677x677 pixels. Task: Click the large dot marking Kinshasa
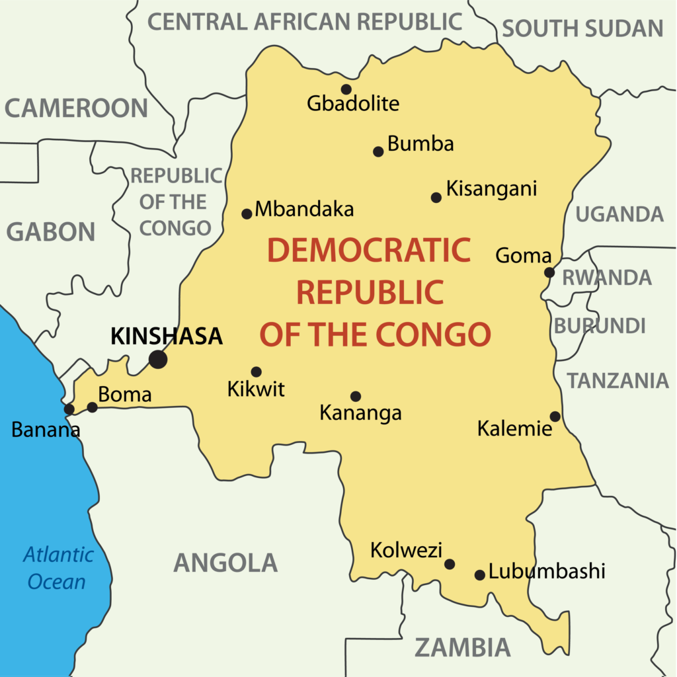tap(157, 360)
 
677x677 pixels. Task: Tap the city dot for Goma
tap(549, 272)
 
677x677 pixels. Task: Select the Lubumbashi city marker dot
tap(480, 575)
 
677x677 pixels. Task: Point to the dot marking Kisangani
tap(436, 198)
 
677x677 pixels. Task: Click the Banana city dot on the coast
tap(69, 409)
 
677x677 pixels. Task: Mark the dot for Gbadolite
tap(346, 89)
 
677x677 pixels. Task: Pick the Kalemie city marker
tap(555, 417)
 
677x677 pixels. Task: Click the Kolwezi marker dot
tap(450, 564)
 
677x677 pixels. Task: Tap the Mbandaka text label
tap(304, 210)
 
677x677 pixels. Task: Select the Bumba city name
tap(420, 144)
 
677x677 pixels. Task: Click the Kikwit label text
tap(256, 389)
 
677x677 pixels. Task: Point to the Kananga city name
tap(360, 413)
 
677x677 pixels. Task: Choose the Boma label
tap(125, 395)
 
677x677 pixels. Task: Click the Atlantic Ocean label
tap(58, 568)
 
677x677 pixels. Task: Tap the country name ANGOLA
tap(225, 563)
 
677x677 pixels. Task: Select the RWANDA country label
tap(606, 278)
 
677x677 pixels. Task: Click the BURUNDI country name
tap(600, 326)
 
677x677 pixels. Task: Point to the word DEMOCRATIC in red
tap(368, 251)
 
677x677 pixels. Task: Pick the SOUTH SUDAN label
tap(582, 28)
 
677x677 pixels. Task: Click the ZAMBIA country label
tap(463, 647)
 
